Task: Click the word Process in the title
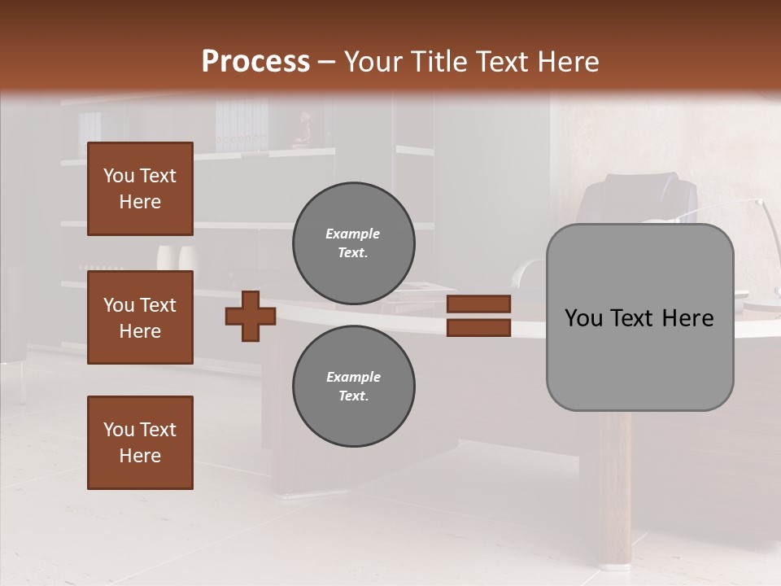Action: [255, 62]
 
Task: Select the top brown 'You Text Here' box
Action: [140, 189]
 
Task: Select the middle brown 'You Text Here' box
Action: [140, 317]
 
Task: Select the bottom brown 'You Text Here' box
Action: [140, 443]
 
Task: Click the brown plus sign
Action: [251, 316]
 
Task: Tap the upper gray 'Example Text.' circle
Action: [353, 243]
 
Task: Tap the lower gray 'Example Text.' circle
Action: [353, 387]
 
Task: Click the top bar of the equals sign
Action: [478, 304]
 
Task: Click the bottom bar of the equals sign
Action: [478, 328]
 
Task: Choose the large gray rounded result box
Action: [639, 317]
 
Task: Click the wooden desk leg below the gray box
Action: [616, 488]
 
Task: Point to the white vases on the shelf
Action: [176, 256]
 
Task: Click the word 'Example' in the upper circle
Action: [353, 234]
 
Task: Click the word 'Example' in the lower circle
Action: [353, 377]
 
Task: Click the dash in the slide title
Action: [327, 62]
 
